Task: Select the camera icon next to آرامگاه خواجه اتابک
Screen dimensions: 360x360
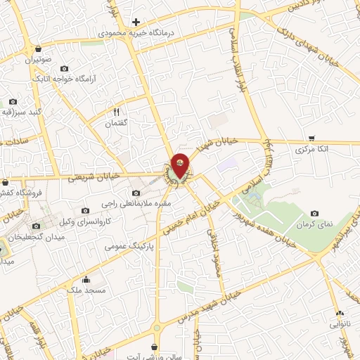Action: (x=65, y=69)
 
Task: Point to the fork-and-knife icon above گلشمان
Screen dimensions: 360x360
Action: (x=117, y=112)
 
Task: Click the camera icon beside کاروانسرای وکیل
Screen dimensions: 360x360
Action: (x=85, y=210)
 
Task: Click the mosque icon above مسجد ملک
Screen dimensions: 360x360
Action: (x=86, y=278)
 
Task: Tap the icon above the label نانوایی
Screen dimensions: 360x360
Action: (x=340, y=314)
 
